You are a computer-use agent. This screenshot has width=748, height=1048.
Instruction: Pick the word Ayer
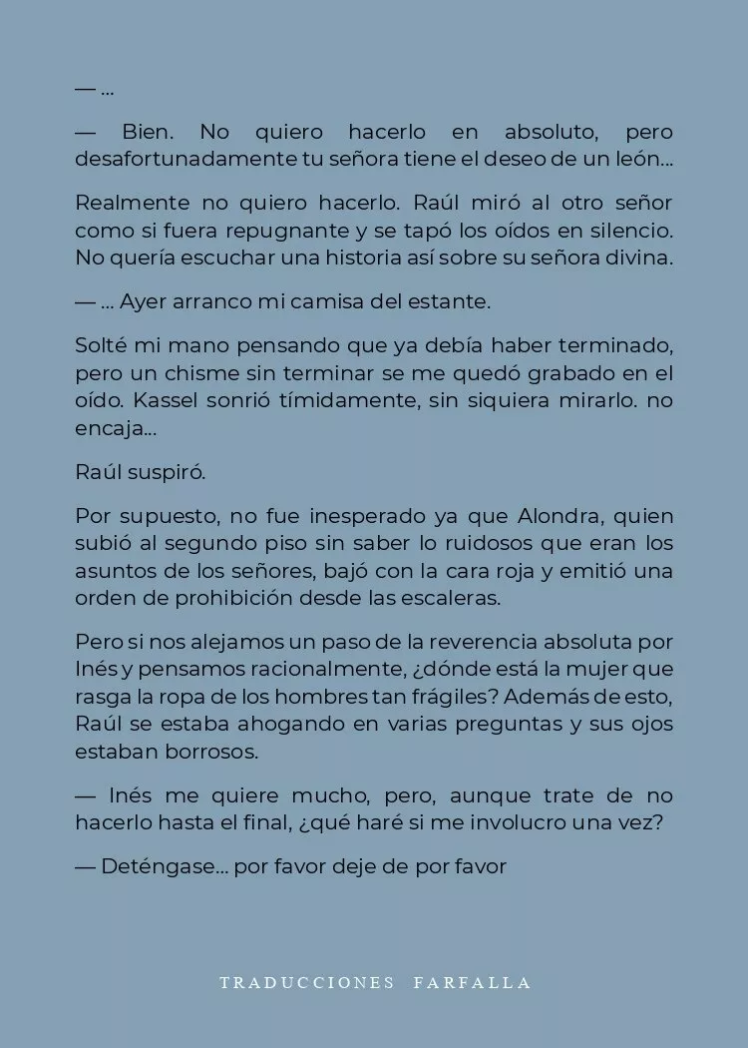[143, 301]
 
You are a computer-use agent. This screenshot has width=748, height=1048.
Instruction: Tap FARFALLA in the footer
[472, 983]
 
